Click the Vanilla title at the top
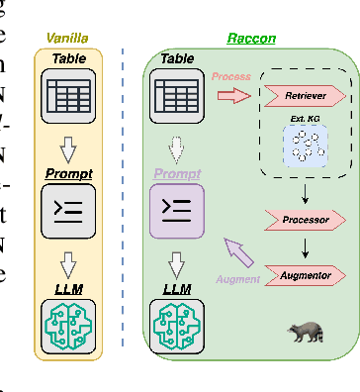[x=66, y=39]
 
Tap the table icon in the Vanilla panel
[x=67, y=95]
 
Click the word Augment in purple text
[x=237, y=279]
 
